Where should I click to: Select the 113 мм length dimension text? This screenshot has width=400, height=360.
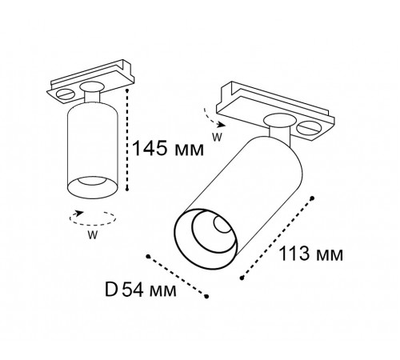pyautogui.click(x=311, y=255)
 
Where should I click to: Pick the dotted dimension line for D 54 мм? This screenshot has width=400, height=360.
pyautogui.click(x=178, y=275)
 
